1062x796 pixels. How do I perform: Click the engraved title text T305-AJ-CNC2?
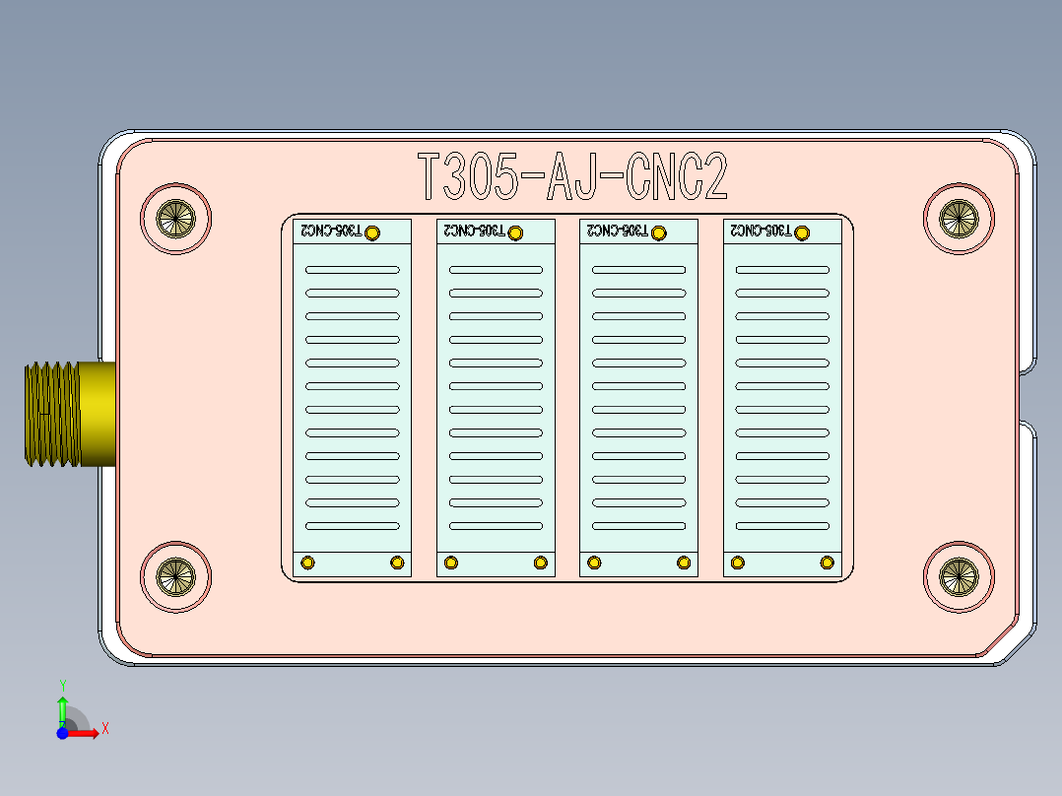(572, 178)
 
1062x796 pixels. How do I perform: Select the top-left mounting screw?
(176, 218)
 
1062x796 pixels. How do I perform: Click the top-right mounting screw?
(959, 218)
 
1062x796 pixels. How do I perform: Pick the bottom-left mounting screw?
(176, 576)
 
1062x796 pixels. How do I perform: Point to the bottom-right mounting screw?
(959, 576)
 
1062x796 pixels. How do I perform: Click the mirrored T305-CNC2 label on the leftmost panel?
(329, 231)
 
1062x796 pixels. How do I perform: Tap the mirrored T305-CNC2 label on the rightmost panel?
(759, 231)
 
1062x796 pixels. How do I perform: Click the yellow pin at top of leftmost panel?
(372, 232)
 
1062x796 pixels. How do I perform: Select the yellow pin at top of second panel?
(515, 232)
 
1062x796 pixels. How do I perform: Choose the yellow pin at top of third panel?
(659, 232)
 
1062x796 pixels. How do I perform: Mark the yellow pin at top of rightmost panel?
(802, 232)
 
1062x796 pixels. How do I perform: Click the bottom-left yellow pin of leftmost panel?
(307, 563)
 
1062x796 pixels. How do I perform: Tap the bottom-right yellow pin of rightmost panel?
(828, 563)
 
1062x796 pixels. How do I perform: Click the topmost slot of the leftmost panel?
(352, 269)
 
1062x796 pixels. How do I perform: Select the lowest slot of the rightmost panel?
(782, 526)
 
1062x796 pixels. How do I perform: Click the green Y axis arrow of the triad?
(62, 704)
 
